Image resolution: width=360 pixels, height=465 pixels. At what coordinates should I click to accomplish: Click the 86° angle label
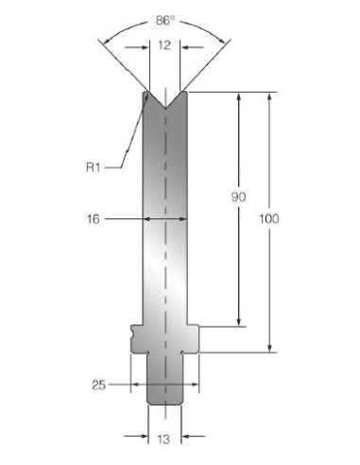[x=164, y=21]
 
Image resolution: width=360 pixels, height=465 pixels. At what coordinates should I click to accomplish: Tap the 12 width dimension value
[x=164, y=45]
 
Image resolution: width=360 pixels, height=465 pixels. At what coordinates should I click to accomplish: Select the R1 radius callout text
[x=94, y=167]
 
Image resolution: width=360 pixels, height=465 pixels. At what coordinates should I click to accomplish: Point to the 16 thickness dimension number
[x=93, y=219]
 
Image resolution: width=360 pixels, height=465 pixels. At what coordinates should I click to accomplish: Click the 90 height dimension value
[x=238, y=198]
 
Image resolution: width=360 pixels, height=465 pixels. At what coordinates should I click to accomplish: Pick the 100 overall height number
[x=268, y=218]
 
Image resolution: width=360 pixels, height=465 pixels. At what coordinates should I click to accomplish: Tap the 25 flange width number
[x=98, y=385]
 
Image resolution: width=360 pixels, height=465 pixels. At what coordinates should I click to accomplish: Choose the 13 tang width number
[x=163, y=439]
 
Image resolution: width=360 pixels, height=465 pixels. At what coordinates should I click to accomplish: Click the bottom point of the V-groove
[x=165, y=108]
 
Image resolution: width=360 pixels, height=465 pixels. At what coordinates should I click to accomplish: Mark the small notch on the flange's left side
[x=132, y=332]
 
